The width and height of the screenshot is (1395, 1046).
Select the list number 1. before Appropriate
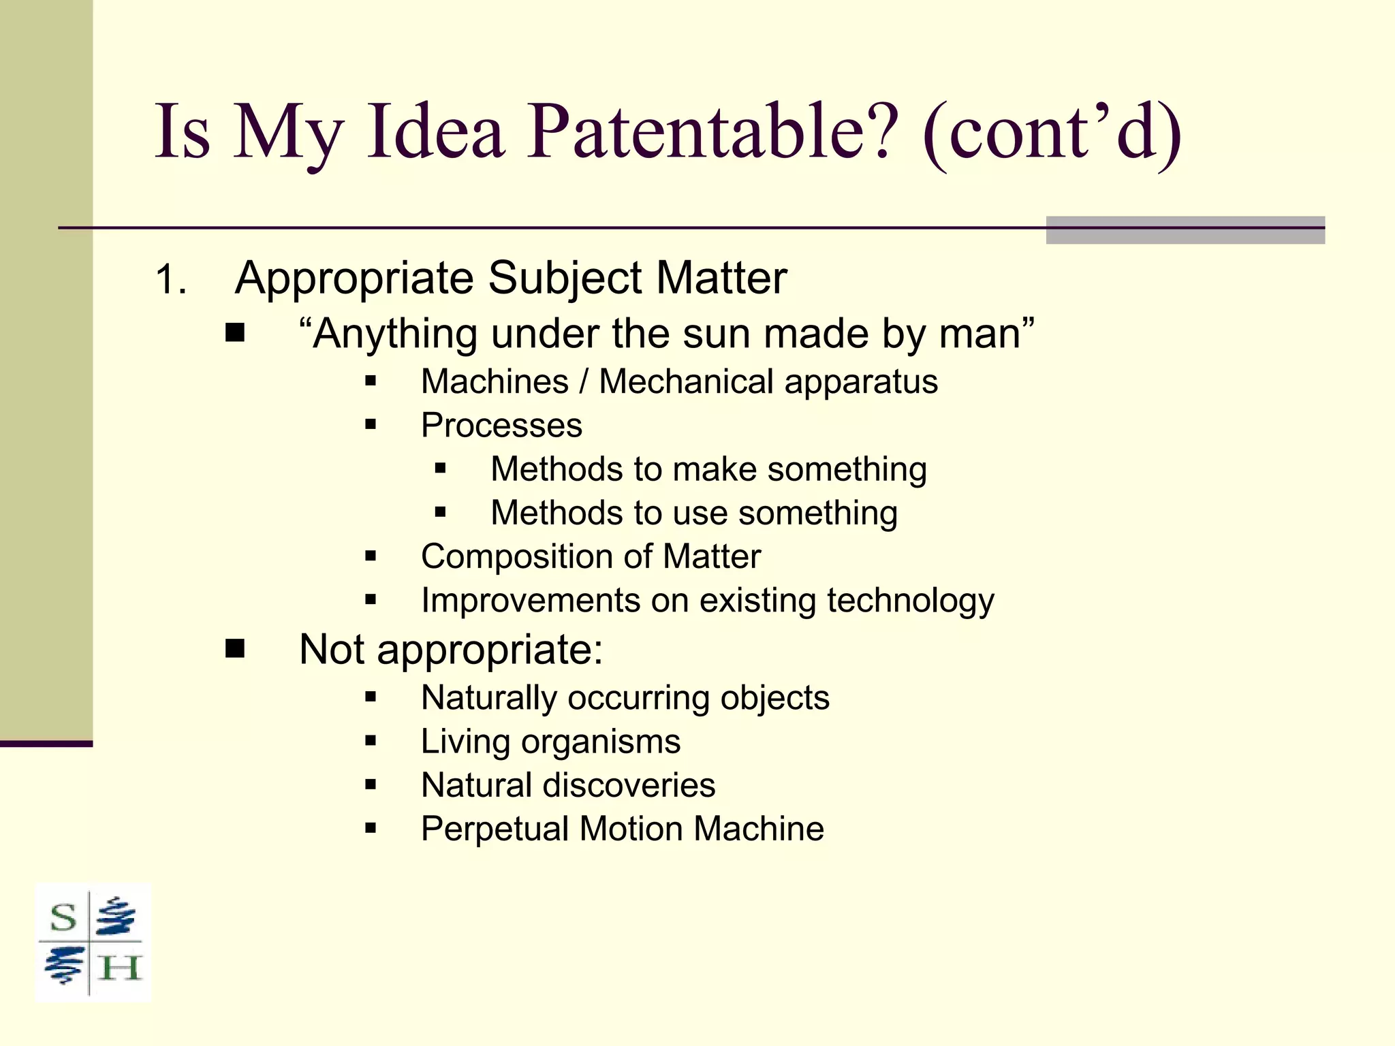click(x=170, y=280)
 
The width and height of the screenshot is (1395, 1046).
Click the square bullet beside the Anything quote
click(x=235, y=334)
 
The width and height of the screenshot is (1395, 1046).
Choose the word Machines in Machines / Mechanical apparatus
click(x=495, y=381)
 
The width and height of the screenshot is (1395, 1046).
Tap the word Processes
click(x=501, y=426)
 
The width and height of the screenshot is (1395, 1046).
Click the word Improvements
click(x=530, y=601)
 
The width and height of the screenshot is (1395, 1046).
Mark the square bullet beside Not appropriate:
click(x=235, y=649)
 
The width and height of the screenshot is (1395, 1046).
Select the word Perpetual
click(x=495, y=829)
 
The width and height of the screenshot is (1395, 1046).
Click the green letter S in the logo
click(x=63, y=918)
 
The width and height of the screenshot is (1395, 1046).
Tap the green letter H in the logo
click(x=119, y=968)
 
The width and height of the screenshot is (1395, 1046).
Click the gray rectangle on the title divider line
click(x=1185, y=230)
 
